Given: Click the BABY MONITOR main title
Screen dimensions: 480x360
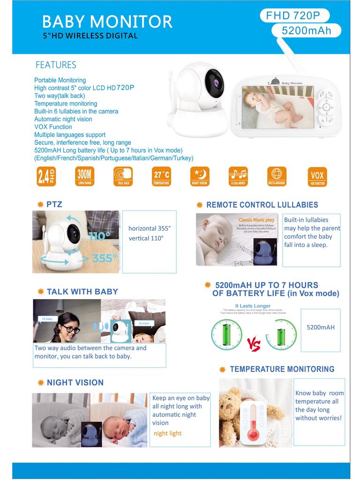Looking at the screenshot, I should (x=107, y=21).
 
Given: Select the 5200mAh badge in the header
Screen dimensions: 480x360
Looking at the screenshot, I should (x=306, y=31).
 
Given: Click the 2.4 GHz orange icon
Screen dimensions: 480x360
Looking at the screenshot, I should (x=46, y=177).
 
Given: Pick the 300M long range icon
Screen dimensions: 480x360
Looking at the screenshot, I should (x=85, y=177).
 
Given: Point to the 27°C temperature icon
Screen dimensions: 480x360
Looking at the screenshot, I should (x=161, y=177).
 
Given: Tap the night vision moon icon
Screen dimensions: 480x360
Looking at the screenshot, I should (x=199, y=177).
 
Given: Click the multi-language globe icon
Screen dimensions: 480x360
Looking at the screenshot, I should (x=277, y=176).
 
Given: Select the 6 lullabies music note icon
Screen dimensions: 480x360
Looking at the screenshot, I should (x=238, y=177).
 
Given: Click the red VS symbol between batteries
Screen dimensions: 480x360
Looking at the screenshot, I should (x=253, y=346).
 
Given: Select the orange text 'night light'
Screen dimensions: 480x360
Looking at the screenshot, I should (x=167, y=433).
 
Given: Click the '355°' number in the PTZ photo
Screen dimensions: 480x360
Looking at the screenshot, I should (x=105, y=258).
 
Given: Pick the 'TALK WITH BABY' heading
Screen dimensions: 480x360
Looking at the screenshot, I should (x=82, y=292).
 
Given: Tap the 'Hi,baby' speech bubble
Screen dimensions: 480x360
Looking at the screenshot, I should (x=47, y=319).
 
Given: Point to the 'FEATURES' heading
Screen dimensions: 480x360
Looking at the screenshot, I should (x=56, y=65).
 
